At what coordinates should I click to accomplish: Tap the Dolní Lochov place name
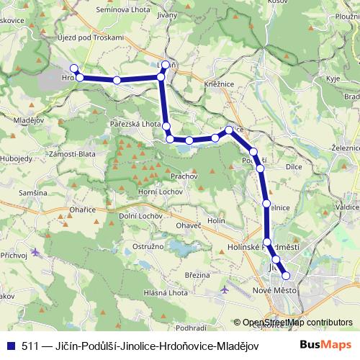click(140, 215)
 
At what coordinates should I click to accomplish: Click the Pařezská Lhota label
click(135, 124)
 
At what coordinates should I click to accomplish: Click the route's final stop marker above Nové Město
click(286, 275)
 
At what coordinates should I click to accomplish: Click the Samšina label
click(33, 193)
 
